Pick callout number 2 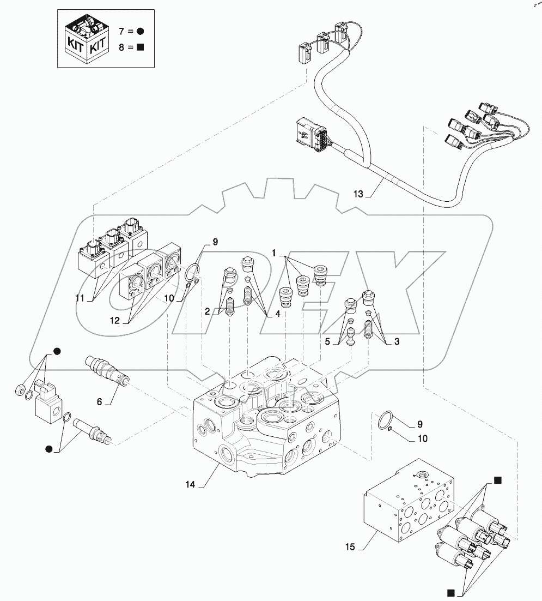coord(207,311)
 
